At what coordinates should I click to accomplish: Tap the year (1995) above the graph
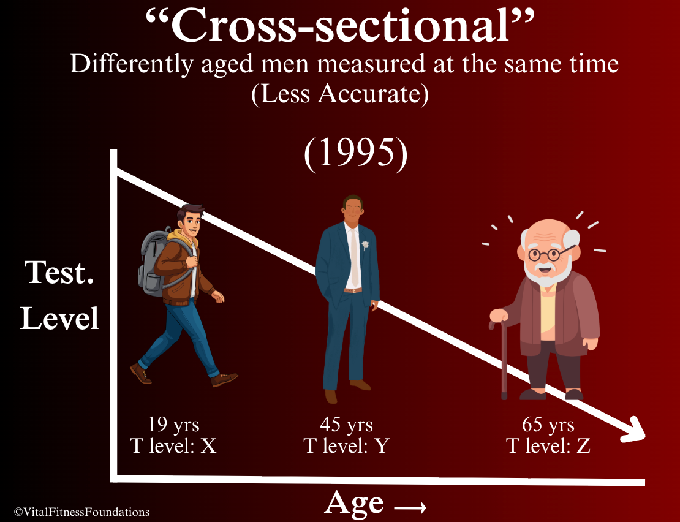pyautogui.click(x=355, y=154)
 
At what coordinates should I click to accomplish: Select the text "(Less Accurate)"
pyautogui.click(x=340, y=94)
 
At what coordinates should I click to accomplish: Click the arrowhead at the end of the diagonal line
pyautogui.click(x=634, y=431)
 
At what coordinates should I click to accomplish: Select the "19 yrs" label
pyautogui.click(x=173, y=424)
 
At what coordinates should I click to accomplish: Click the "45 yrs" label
pyautogui.click(x=347, y=424)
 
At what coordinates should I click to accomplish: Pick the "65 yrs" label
pyautogui.click(x=548, y=424)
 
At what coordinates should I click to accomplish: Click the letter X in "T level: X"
pyautogui.click(x=208, y=445)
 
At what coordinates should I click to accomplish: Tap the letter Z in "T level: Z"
pyautogui.click(x=583, y=445)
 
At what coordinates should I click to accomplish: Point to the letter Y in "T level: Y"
pyautogui.click(x=382, y=445)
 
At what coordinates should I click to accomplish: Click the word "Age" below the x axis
pyautogui.click(x=353, y=504)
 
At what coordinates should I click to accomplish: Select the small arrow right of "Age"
pyautogui.click(x=410, y=507)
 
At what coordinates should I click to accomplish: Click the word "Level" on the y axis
pyautogui.click(x=59, y=318)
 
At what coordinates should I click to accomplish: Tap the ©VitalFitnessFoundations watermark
pyautogui.click(x=81, y=512)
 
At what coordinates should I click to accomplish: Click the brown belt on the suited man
pyautogui.click(x=353, y=290)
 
